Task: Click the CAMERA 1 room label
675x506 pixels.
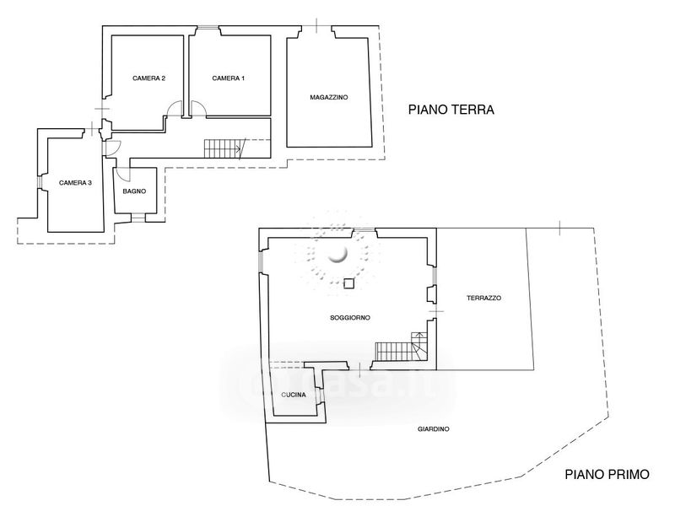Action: [228, 78]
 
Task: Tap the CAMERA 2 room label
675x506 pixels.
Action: [149, 78]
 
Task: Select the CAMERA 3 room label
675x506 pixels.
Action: [75, 183]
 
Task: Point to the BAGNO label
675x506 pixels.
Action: [134, 191]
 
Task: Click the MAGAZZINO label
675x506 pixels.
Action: [329, 98]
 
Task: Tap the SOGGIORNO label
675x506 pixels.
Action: [350, 318]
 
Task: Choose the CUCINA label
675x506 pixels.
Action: [294, 395]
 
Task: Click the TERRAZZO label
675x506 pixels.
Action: [483, 298]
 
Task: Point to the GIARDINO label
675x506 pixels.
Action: [434, 429]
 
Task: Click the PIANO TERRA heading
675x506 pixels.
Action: [451, 110]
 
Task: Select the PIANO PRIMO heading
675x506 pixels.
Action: [607, 475]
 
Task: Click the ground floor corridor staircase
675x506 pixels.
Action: [223, 148]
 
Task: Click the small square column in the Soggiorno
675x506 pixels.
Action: [348, 283]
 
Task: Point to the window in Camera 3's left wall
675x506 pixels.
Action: [39, 182]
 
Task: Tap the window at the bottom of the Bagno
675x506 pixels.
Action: [138, 218]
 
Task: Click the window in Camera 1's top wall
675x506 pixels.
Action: [208, 29]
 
